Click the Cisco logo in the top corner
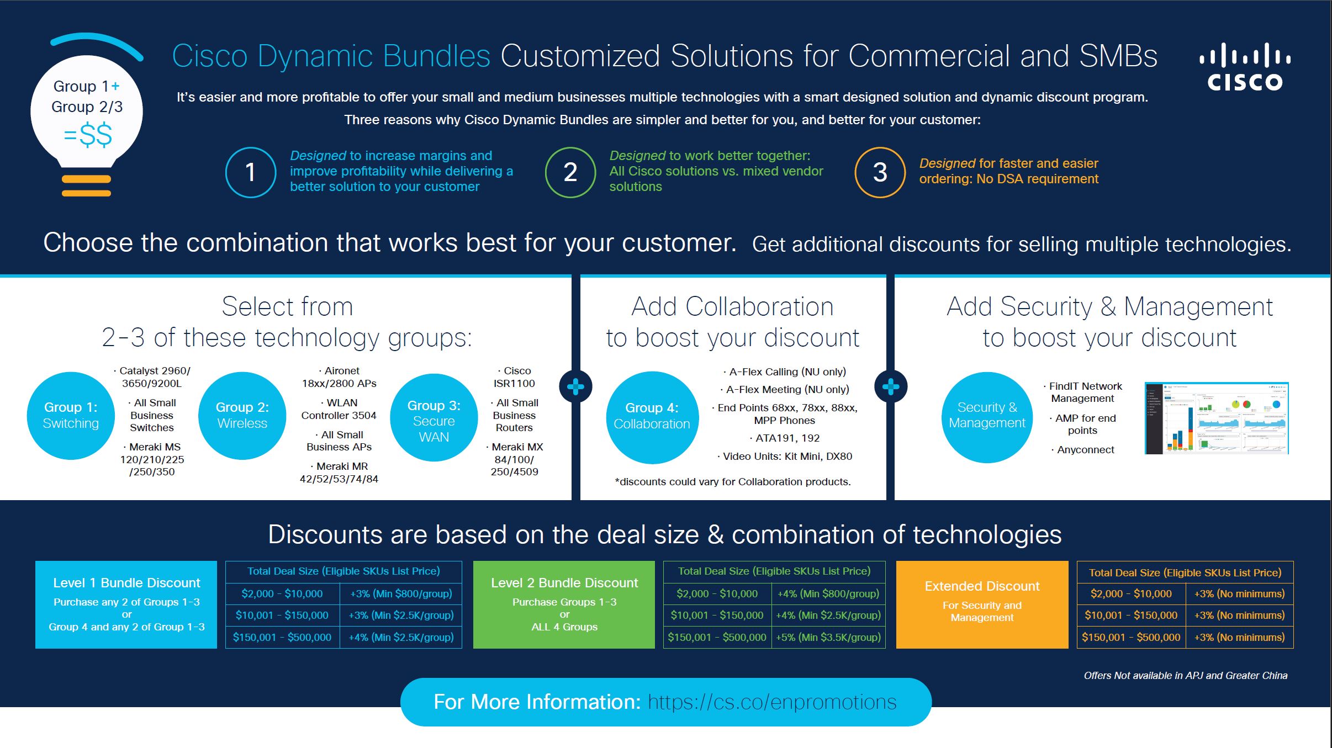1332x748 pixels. (x=1245, y=67)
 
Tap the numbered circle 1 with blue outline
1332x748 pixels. (x=251, y=172)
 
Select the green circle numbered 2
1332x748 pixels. (x=570, y=172)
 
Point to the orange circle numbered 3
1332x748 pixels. (x=880, y=172)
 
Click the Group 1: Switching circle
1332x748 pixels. (x=71, y=415)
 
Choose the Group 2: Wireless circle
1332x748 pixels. (x=242, y=415)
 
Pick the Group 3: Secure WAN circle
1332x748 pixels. (x=434, y=418)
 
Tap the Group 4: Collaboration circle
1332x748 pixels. (x=652, y=417)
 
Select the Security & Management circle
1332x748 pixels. (x=987, y=416)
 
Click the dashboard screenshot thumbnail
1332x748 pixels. (x=1217, y=418)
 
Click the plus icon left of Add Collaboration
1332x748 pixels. (x=575, y=386)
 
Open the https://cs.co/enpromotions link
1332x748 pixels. (x=772, y=702)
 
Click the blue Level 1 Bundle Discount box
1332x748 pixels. (x=126, y=604)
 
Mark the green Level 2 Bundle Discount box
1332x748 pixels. (x=564, y=604)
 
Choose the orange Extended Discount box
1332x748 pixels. (x=982, y=604)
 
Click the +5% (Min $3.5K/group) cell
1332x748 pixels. (x=828, y=637)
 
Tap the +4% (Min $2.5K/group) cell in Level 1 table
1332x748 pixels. (x=401, y=637)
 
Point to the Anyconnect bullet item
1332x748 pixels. (x=1085, y=449)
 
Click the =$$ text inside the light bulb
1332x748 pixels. (x=88, y=135)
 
